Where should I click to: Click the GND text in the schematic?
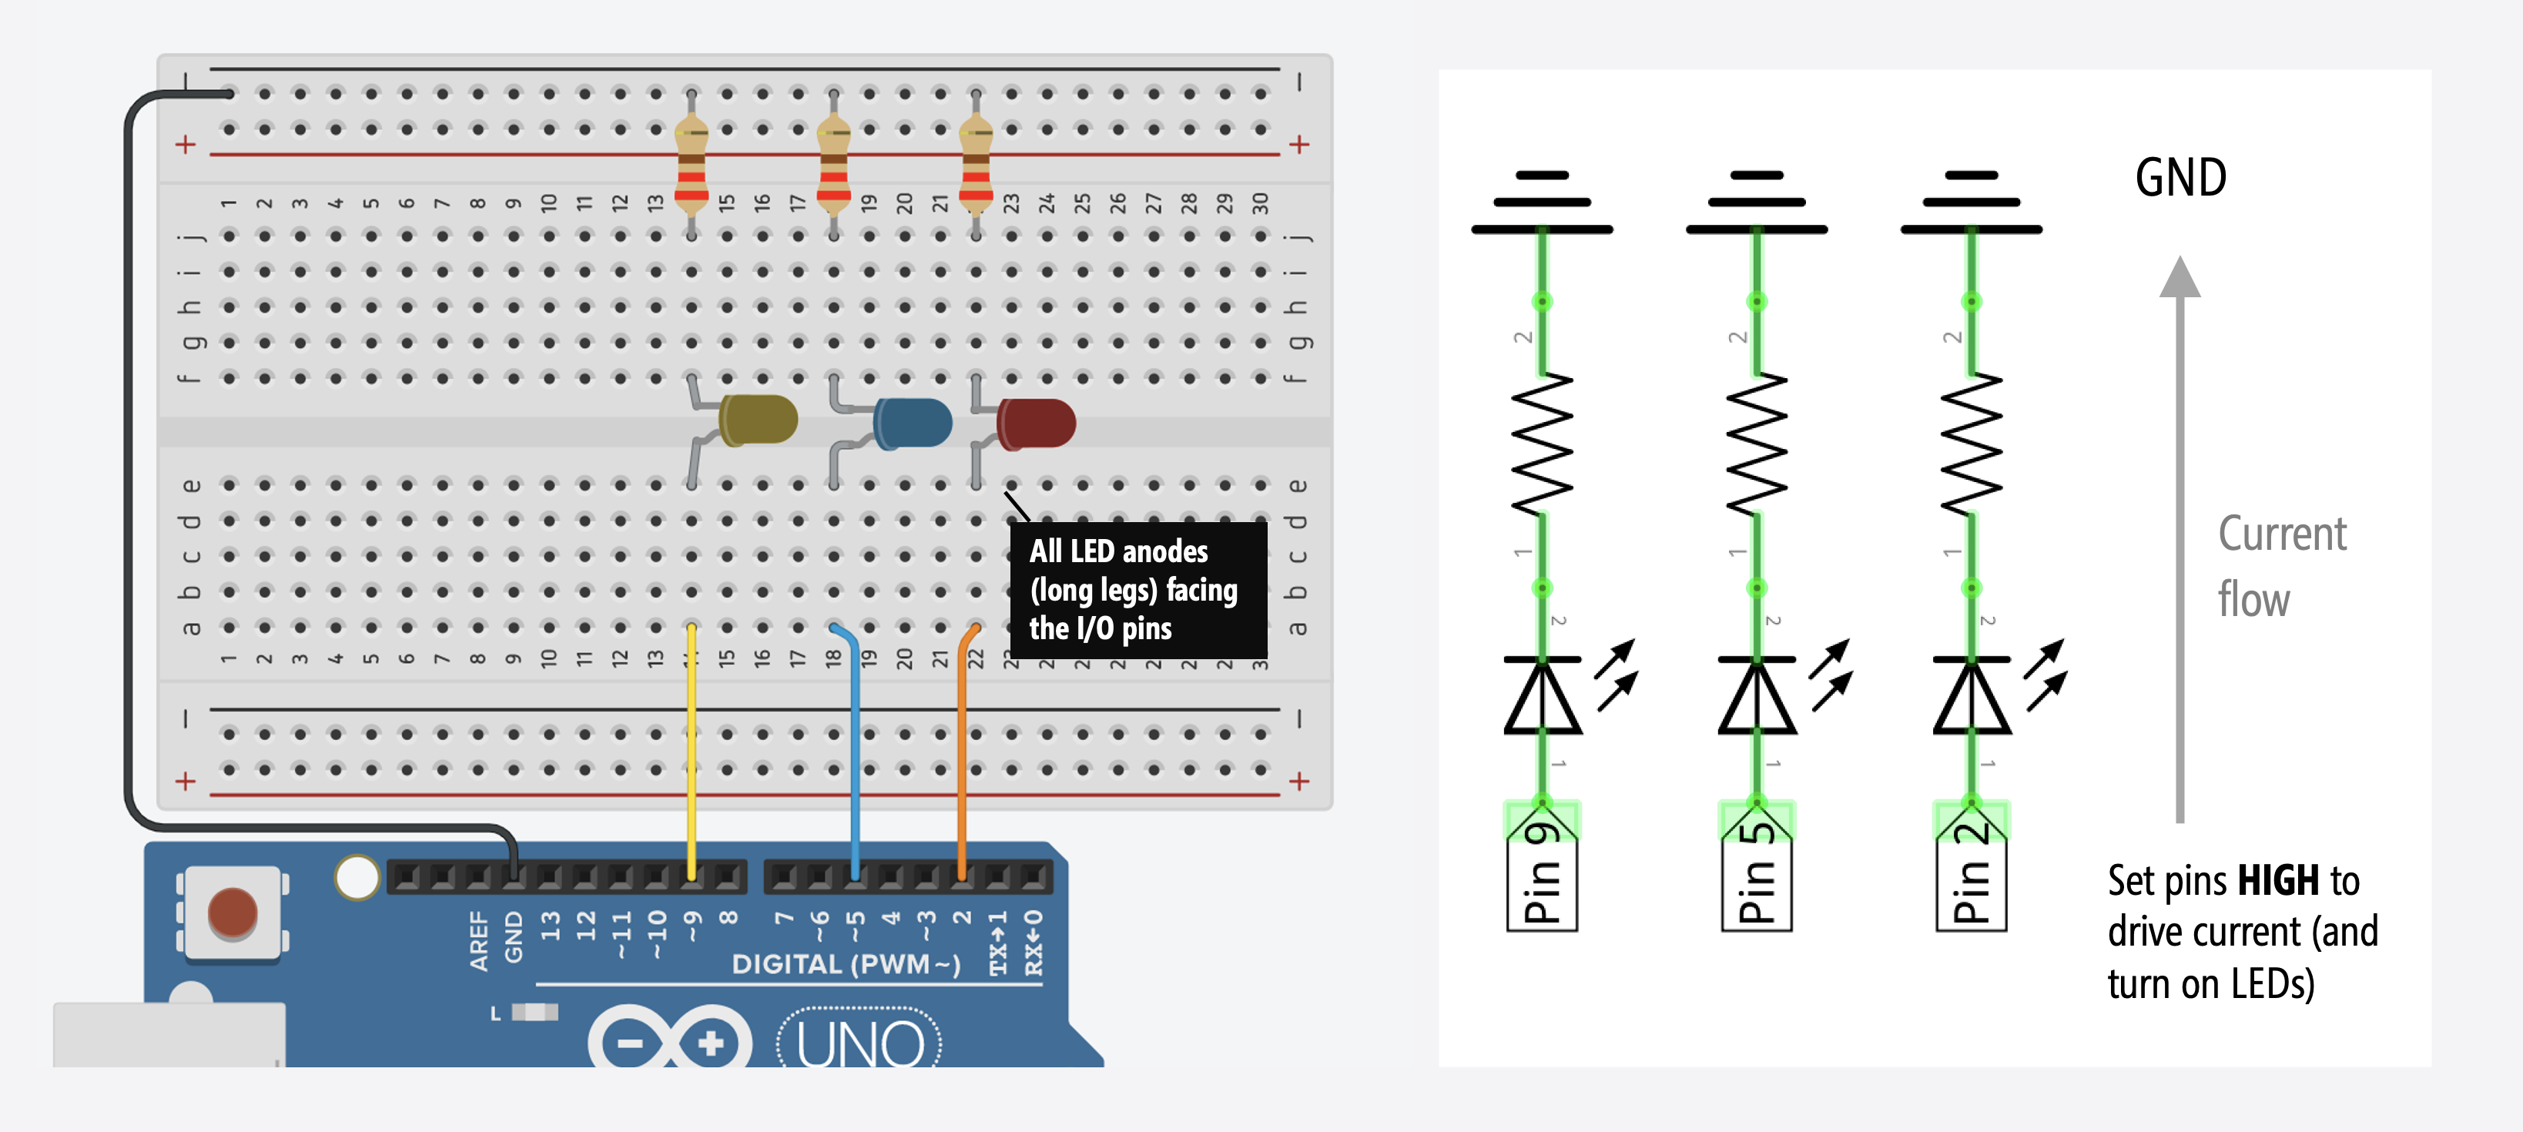point(2180,178)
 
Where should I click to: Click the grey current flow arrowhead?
point(2180,278)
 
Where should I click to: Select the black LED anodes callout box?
point(1138,590)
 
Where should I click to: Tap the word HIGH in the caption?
point(2278,880)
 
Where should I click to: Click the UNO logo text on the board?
point(860,1044)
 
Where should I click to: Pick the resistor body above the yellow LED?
point(692,162)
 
